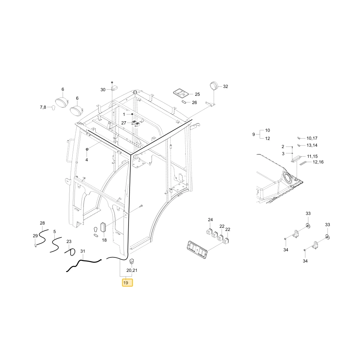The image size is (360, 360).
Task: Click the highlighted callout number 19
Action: [126, 283]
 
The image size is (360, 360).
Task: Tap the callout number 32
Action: [225, 86]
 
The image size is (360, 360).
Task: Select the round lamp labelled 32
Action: [214, 86]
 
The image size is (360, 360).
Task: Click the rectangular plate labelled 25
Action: [181, 93]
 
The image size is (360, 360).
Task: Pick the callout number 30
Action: [103, 90]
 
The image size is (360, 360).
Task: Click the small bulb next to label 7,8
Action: [54, 108]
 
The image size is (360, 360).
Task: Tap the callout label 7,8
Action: [43, 107]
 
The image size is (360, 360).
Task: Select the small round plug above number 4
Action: [87, 150]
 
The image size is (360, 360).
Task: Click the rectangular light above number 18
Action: [103, 227]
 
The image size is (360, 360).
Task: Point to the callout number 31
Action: [83, 251]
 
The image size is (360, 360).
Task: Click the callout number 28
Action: [42, 223]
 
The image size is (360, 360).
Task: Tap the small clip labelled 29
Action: [36, 246]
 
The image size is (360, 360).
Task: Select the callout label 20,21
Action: [132, 270]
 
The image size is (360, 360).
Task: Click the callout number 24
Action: [210, 220]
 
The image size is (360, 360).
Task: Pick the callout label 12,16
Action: [318, 162]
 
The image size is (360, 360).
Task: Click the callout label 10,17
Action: [312, 138]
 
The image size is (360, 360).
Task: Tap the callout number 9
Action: [253, 134]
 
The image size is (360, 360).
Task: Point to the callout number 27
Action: [123, 123]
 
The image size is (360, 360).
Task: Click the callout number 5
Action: [54, 231]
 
